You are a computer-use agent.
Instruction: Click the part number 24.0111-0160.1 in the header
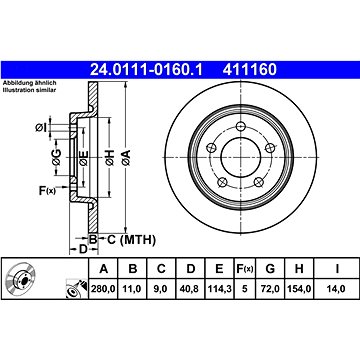146,70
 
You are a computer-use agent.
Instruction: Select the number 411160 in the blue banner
250,70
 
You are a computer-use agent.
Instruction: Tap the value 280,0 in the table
103,289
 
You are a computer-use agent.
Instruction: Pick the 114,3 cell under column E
219,289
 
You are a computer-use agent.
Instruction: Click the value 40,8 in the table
190,289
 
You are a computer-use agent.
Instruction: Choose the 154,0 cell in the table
299,289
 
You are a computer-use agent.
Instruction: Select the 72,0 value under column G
270,289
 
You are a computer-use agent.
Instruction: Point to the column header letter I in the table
337,268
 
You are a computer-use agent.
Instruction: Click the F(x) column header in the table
245,268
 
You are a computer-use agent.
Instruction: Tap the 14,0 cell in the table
337,289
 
